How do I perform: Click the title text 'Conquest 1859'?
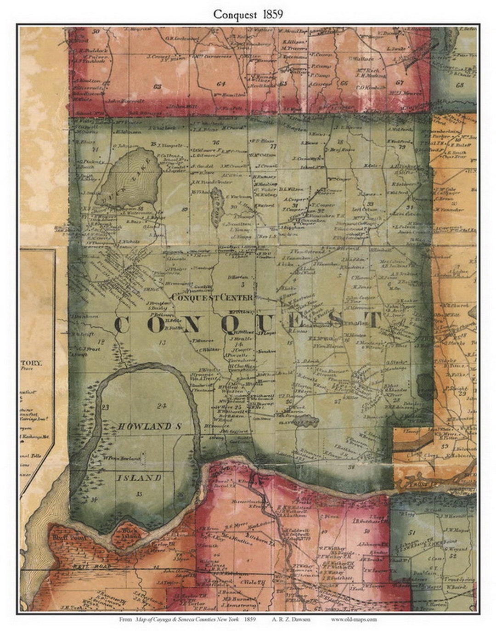coord(248,14)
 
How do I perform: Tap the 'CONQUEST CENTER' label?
coord(212,297)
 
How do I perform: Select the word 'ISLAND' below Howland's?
coord(138,478)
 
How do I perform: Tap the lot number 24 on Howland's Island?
coord(161,405)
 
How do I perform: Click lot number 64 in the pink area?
coord(221,84)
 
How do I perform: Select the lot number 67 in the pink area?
coord(400,82)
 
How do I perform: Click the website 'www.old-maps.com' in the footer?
coord(354,619)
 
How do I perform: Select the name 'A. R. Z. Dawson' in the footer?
coord(294,619)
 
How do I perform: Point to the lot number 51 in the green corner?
coord(412,532)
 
